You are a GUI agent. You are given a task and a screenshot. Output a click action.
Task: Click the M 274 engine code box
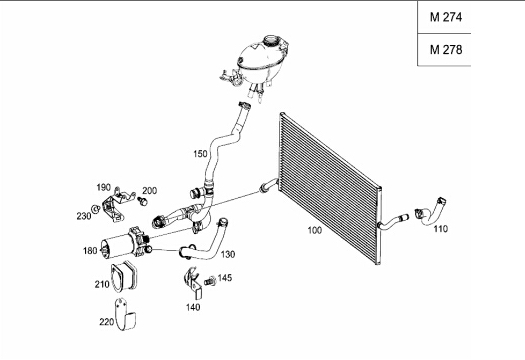coord(444,17)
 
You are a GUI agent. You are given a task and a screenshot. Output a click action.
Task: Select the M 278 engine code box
coord(444,50)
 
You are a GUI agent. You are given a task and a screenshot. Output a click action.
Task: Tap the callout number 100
coord(315,230)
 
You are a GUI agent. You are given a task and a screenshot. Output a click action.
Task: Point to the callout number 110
coord(441,229)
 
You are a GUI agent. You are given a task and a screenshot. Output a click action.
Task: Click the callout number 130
coord(228,255)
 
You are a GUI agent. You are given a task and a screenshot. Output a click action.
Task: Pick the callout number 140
coord(193,307)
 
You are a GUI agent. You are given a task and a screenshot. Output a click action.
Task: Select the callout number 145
coord(225,278)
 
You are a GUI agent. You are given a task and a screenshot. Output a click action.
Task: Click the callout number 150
coord(200,154)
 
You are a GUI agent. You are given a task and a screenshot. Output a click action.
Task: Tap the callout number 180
coord(90,251)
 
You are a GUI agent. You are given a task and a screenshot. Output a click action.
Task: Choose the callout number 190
coord(103,188)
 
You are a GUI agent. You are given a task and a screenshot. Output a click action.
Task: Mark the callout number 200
coord(150,191)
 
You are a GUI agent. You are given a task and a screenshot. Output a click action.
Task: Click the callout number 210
coord(102,285)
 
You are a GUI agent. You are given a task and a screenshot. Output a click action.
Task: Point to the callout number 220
coord(106,322)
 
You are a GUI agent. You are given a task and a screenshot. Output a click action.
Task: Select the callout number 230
coord(84,216)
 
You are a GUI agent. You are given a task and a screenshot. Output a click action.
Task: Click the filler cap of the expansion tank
coord(272,40)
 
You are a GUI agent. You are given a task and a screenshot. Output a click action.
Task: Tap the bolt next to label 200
coord(143,201)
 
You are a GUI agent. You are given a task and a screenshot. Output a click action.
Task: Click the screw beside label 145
coord(210,281)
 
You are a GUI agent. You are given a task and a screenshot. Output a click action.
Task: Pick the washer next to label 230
coord(96,209)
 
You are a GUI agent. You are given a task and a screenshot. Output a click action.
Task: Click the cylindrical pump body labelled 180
coord(116,246)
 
